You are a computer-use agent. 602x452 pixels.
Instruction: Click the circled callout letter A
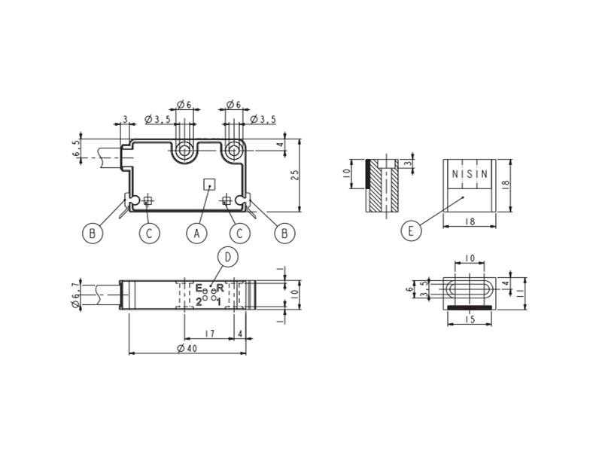click(196, 234)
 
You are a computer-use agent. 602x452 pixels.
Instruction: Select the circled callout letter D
click(228, 257)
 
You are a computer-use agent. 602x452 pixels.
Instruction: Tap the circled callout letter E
click(411, 231)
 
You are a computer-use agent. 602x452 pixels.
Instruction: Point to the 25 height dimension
click(294, 176)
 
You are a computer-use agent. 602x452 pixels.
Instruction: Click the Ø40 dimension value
click(187, 348)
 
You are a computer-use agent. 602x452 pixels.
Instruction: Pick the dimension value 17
click(210, 334)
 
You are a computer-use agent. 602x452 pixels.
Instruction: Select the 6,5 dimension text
click(77, 148)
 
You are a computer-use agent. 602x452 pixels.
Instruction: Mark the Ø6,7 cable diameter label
click(76, 295)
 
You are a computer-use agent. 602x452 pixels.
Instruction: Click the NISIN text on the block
click(470, 174)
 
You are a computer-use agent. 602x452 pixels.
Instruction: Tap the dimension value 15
click(470, 319)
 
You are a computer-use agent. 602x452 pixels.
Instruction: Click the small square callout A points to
click(209, 184)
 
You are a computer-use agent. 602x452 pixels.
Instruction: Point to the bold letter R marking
click(220, 288)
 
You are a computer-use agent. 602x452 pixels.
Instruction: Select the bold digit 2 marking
click(199, 302)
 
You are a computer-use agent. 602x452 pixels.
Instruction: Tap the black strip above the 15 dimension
click(470, 307)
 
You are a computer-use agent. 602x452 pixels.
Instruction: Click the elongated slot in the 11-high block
click(470, 289)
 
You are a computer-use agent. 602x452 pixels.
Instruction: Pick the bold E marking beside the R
click(199, 288)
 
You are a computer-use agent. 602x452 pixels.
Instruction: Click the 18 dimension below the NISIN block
click(470, 221)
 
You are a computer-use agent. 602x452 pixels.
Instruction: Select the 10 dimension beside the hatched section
click(347, 174)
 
